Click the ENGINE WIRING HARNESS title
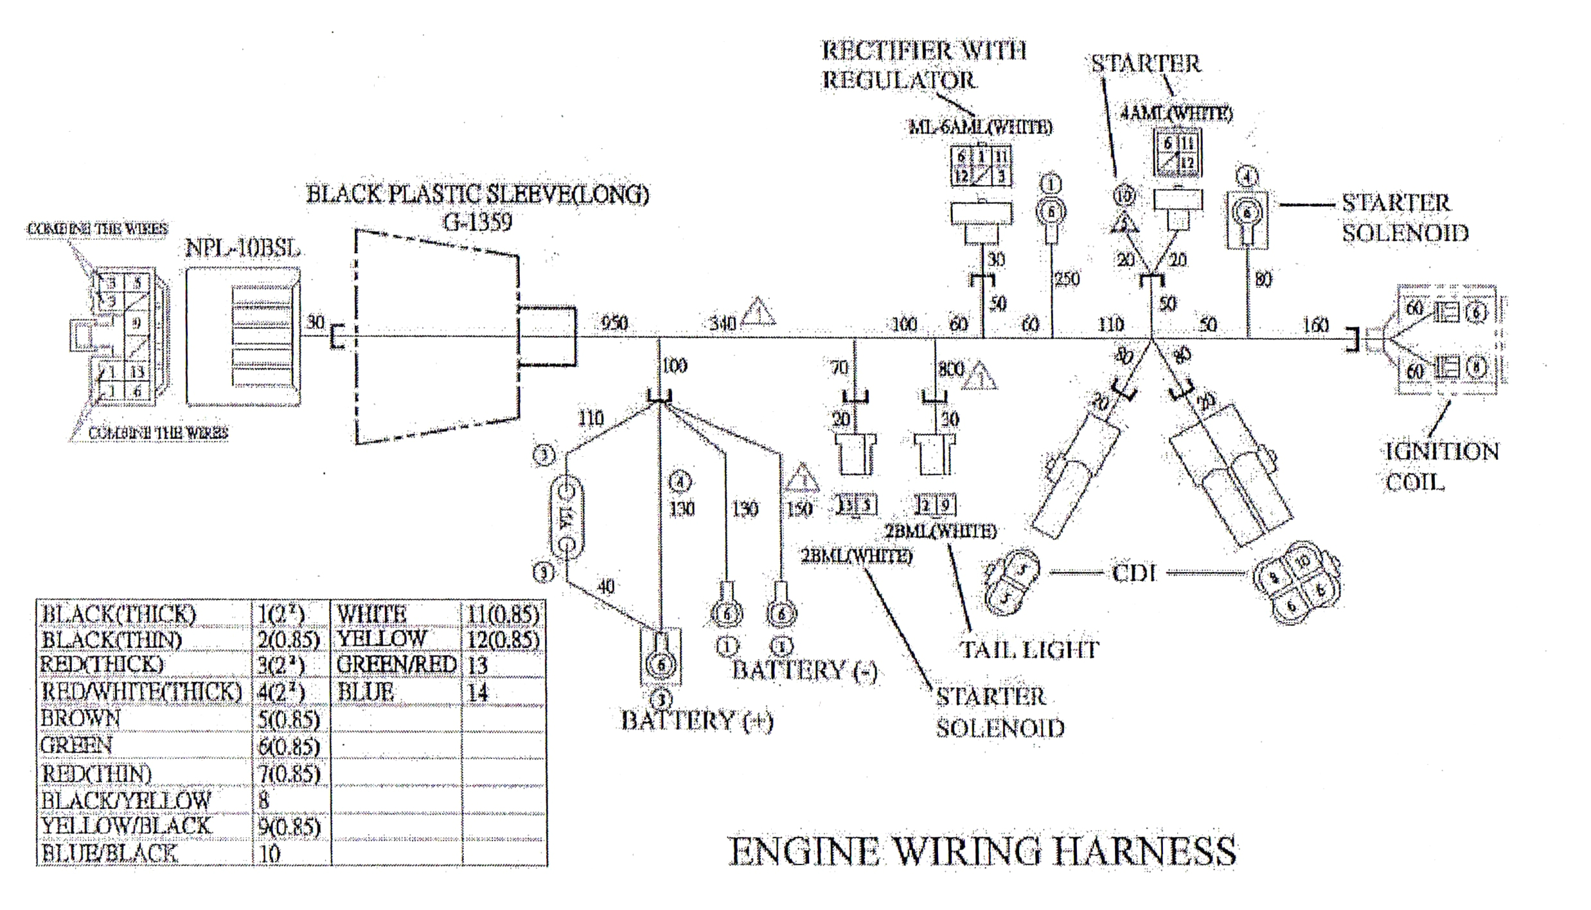(982, 852)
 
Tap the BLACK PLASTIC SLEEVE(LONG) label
(477, 194)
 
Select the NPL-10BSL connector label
(242, 247)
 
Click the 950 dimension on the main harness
(614, 323)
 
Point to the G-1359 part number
(477, 222)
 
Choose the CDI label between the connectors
(1134, 573)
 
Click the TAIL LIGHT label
(1029, 649)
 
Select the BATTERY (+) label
(697, 720)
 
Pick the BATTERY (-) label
(804, 670)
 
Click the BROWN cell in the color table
(80, 718)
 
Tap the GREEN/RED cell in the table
(396, 665)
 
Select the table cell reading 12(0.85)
(503, 639)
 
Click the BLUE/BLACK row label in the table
(108, 853)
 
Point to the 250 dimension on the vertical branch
(1067, 279)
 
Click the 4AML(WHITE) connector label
(1176, 114)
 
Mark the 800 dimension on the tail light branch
(951, 369)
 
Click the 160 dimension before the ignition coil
(1315, 325)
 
